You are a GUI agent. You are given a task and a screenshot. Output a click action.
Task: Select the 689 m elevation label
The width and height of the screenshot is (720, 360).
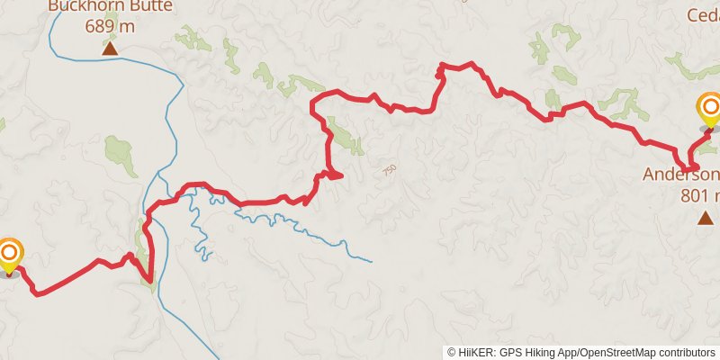point(110,26)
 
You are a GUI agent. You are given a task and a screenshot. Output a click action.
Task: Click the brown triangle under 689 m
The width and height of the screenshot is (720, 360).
point(110,48)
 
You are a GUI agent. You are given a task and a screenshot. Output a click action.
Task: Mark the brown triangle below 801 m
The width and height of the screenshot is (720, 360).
point(706,217)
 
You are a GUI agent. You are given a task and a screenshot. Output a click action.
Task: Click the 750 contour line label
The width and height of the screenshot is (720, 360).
point(389,169)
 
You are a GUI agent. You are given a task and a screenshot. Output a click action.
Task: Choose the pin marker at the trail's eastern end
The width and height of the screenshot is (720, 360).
point(709,110)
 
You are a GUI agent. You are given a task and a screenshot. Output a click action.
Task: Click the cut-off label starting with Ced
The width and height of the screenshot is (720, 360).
point(703,15)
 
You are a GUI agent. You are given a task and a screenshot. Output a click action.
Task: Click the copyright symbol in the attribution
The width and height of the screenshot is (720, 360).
point(452,352)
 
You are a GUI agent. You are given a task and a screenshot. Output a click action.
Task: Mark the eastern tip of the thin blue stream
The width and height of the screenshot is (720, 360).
point(372,261)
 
